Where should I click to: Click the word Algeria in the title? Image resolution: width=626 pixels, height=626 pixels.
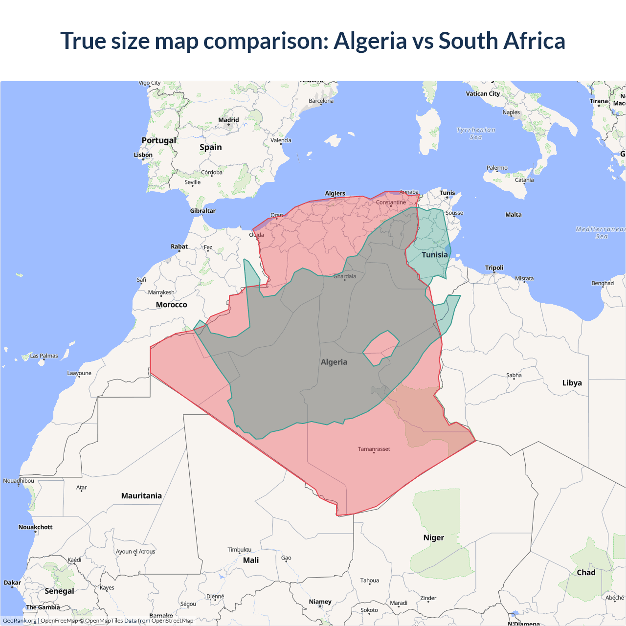pos(370,41)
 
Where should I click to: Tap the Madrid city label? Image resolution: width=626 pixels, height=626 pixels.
pos(228,120)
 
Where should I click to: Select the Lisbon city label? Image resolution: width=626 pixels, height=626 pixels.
pos(143,155)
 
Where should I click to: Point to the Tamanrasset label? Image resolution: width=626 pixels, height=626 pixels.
pos(374,449)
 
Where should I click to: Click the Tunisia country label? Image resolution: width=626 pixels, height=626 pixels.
pos(434,255)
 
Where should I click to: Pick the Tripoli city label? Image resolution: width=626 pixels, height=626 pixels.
pos(494,268)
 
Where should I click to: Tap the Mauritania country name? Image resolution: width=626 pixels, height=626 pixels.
pos(141,496)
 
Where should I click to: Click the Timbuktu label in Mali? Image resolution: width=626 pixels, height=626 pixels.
pos(239,550)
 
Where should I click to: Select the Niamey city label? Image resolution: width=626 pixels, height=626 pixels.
pos(320,602)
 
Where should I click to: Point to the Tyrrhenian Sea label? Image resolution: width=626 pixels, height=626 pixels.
pos(476,134)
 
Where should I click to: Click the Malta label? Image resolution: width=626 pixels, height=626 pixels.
pos(514,215)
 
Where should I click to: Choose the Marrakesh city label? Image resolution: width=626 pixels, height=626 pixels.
pos(161,292)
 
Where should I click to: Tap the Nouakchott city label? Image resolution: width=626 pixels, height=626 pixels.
pos(35,527)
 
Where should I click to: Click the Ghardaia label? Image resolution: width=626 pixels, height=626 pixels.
pos(345,276)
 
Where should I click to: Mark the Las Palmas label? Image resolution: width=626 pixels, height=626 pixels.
pos(44,356)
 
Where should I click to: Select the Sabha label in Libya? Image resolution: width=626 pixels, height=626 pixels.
pos(514,375)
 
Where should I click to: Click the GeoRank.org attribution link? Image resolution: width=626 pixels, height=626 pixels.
pos(20,621)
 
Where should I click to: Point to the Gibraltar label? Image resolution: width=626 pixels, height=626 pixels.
pos(202,211)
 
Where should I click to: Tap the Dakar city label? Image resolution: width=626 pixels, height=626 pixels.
pos(12,582)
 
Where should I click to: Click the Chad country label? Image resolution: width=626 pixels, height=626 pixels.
pos(586,573)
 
